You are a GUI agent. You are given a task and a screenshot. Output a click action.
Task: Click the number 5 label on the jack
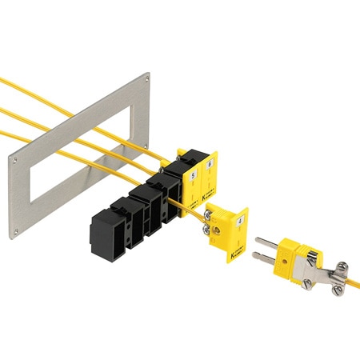pos(193,169)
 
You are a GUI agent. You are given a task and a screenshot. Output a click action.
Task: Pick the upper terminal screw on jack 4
pos(212,214)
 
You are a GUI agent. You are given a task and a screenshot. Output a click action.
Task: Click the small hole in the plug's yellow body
pos(290,250)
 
